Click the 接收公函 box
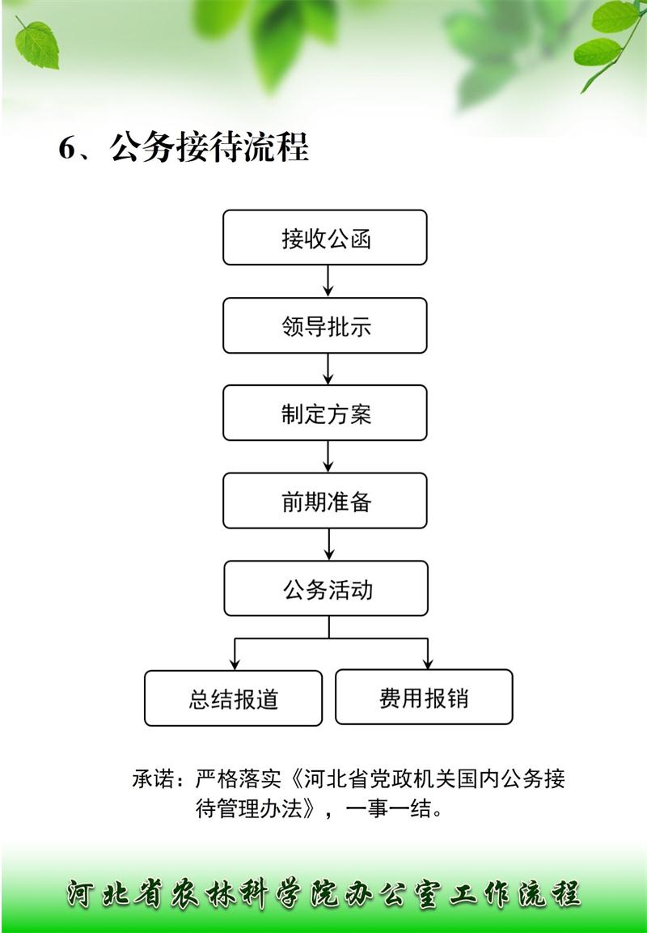tap(324, 237)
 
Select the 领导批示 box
tap(324, 325)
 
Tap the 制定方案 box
tap(324, 413)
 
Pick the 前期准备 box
tap(324, 500)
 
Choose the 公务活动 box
tap(326, 588)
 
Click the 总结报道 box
tap(233, 698)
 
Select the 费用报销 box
tap(424, 697)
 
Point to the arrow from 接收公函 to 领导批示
tap(328, 281)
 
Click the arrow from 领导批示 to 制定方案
tap(328, 369)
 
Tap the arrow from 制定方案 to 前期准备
tap(328, 456)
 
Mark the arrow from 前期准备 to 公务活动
tap(329, 544)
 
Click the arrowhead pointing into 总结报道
tap(235, 663)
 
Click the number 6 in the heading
tap(68, 147)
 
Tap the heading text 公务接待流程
tap(209, 147)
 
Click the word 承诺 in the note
tap(154, 778)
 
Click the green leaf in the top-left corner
tap(36, 43)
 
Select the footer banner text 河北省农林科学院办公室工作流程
tap(323, 894)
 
